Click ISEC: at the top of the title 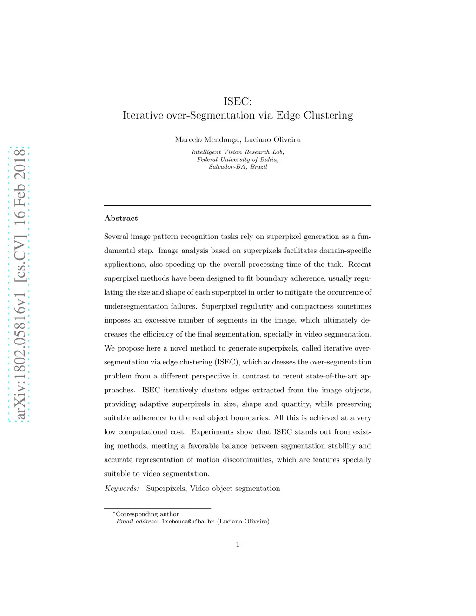pyautogui.click(x=238, y=101)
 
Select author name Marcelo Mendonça pyautogui.click(x=207, y=139)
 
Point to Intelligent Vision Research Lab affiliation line pyautogui.click(x=238, y=152)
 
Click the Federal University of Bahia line pyautogui.click(x=238, y=159)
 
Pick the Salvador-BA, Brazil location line pyautogui.click(x=238, y=167)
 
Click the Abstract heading pyautogui.click(x=121, y=218)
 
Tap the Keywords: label pyautogui.click(x=121, y=488)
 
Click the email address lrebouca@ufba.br pyautogui.click(x=188, y=522)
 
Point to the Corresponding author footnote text pyautogui.click(x=147, y=514)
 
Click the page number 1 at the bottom pyautogui.click(x=238, y=544)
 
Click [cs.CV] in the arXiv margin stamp pyautogui.click(x=20, y=258)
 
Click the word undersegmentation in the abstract pyautogui.click(x=134, y=306)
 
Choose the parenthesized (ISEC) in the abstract pyautogui.click(x=227, y=362)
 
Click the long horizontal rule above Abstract pyautogui.click(x=238, y=205)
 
